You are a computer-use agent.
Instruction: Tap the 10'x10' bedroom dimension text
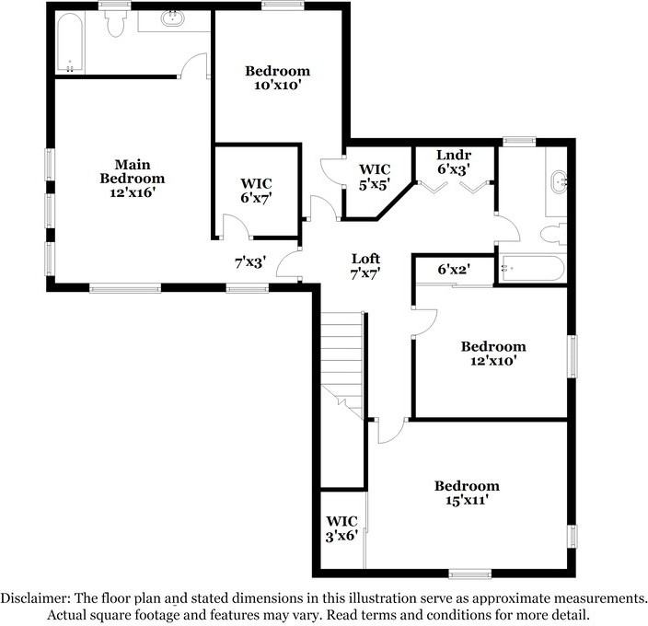(277, 86)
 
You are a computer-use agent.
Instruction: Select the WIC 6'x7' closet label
(256, 191)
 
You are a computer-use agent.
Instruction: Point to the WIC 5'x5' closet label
(375, 177)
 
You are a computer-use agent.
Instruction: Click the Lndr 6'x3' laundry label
(454, 161)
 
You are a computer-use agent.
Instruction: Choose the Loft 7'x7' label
(365, 266)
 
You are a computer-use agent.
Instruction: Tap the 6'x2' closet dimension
(454, 270)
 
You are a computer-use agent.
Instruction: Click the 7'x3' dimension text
(250, 262)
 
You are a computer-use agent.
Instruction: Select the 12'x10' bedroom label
(493, 354)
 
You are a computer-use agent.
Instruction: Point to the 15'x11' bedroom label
(467, 493)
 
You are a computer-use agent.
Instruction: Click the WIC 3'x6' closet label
(341, 528)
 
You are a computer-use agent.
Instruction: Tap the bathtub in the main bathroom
(70, 43)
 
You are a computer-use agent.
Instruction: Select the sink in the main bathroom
(174, 18)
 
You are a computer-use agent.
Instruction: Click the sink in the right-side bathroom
(559, 181)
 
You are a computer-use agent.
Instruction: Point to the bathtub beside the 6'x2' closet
(532, 269)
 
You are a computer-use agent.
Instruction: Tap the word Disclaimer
(36, 597)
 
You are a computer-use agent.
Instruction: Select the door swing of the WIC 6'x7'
(236, 226)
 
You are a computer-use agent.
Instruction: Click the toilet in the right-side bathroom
(553, 234)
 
